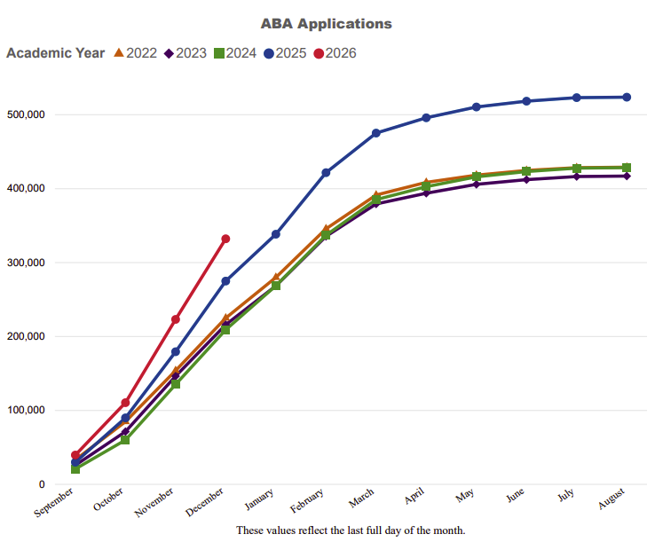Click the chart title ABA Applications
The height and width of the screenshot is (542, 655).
pos(327,24)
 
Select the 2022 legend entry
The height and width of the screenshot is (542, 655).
pos(135,53)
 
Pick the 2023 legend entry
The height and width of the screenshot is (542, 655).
pos(185,53)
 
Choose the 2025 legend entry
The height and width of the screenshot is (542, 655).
pos(285,53)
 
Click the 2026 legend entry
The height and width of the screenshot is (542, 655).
pos(335,53)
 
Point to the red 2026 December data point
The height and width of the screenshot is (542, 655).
pos(225,239)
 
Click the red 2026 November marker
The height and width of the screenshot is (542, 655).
pos(176,319)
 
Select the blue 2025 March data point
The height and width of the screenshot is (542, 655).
pos(376,133)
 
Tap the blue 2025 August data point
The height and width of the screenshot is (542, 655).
pos(627,97)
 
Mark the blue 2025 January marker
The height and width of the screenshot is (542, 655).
pos(276,234)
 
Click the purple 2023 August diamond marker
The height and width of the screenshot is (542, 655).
pos(627,177)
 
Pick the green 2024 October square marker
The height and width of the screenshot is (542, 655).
pos(125,440)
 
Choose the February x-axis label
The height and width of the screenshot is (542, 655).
pos(307,505)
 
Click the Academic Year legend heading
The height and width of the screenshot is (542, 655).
pos(55,53)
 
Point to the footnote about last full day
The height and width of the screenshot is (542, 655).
pos(351,530)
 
